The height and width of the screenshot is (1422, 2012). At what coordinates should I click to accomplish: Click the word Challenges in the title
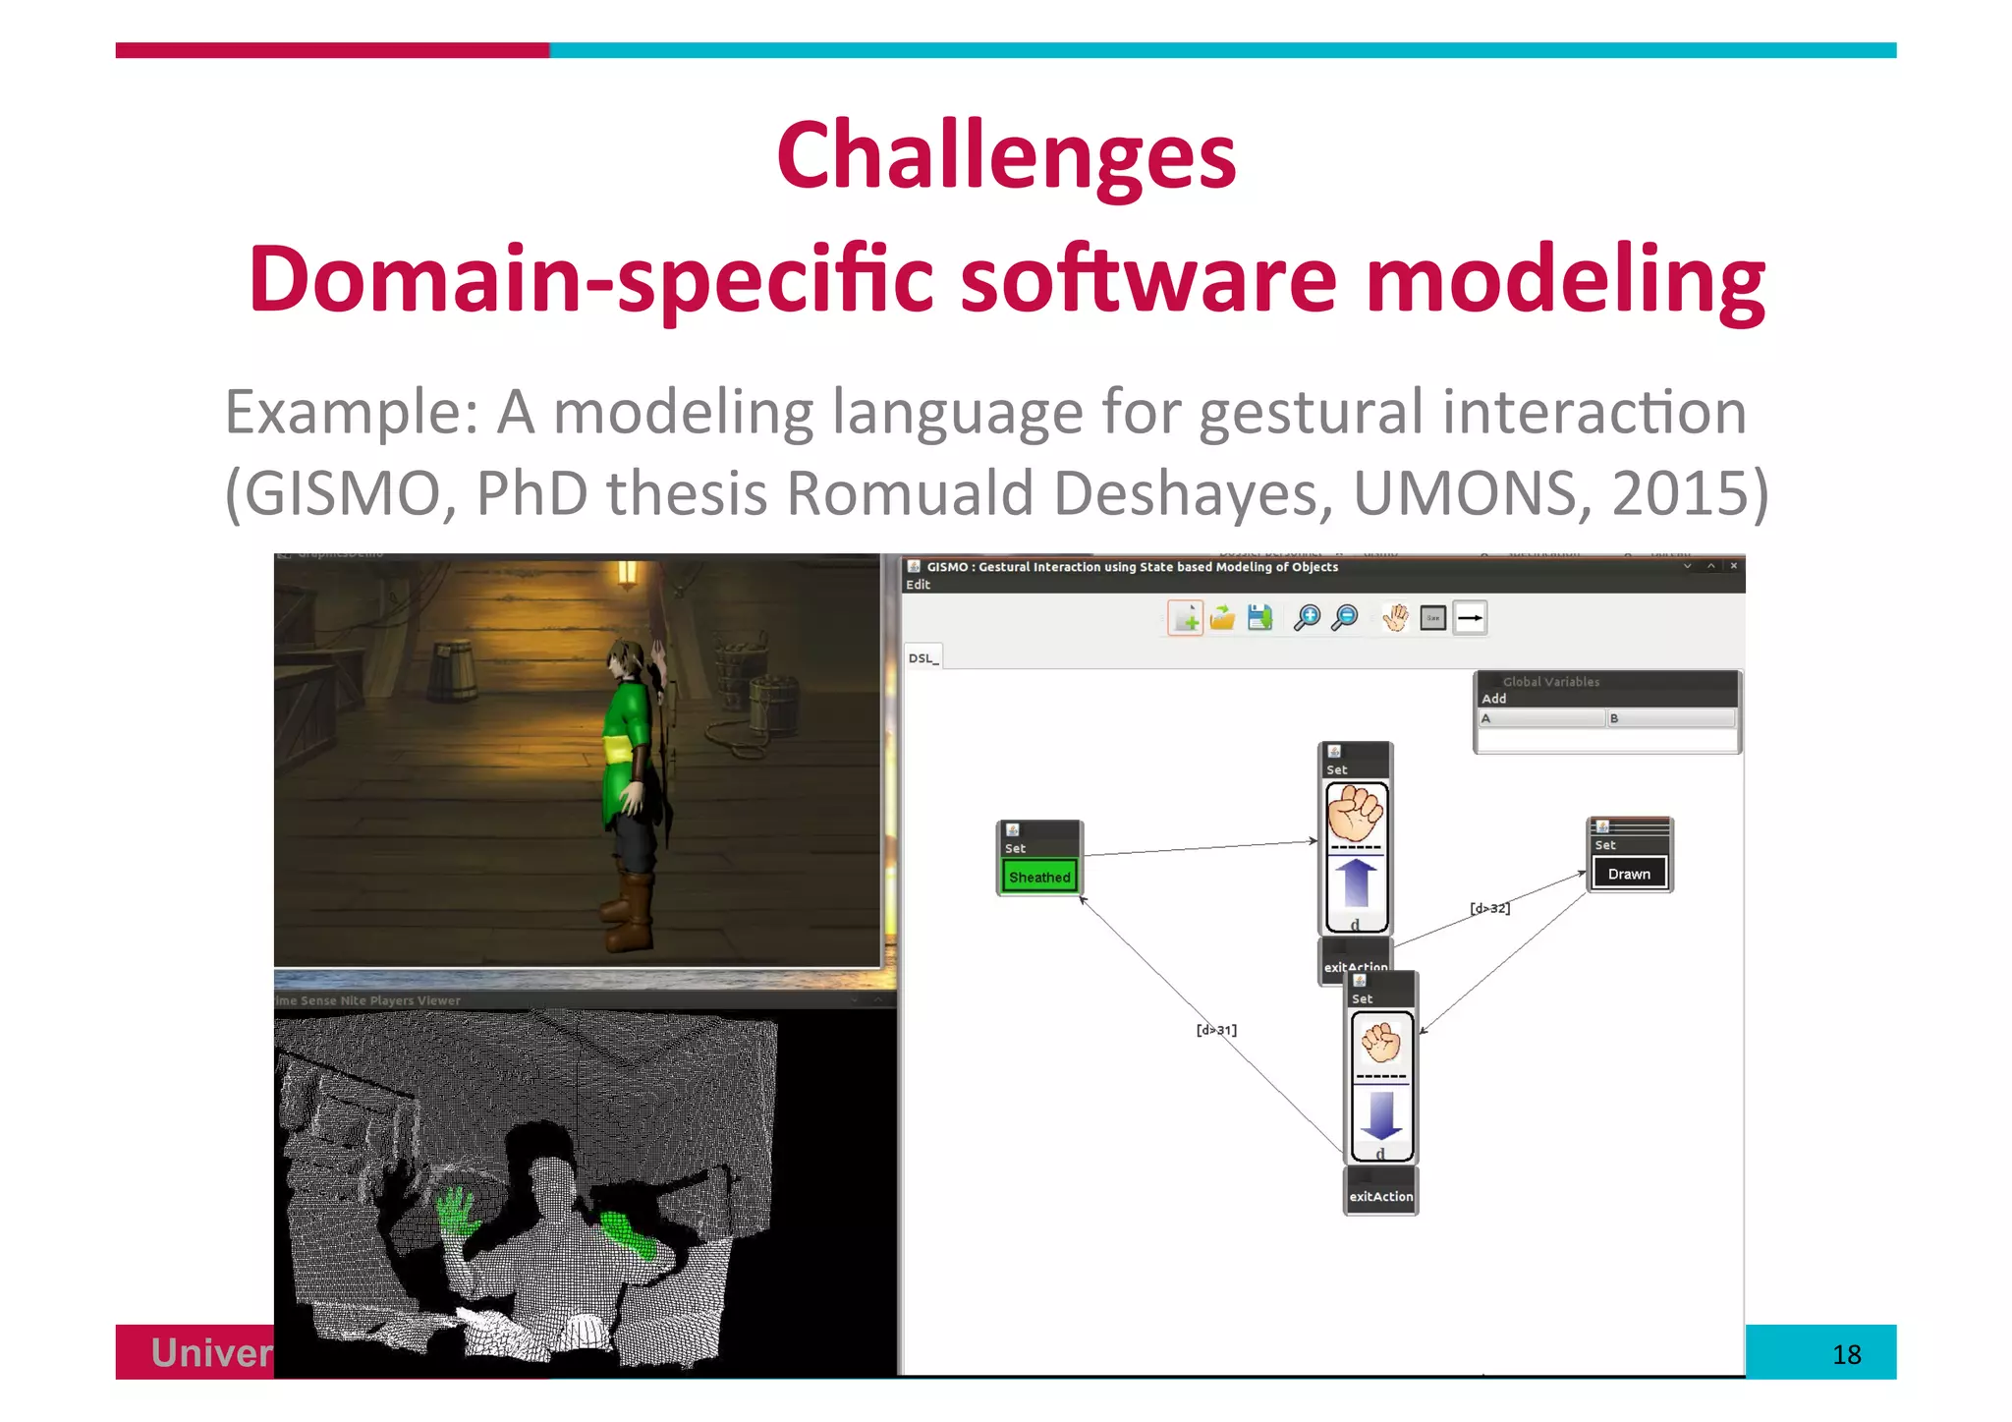pos(1005,157)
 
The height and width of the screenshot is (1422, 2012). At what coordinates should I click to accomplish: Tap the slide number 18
pos(1846,1354)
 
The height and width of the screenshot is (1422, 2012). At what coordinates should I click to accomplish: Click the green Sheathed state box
pos(1038,876)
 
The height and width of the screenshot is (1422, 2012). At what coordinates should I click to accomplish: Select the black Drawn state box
pos(1629,873)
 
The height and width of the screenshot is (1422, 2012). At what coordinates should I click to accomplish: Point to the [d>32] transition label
pos(1489,908)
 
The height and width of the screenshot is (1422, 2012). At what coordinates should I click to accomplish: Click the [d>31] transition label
pos(1216,1030)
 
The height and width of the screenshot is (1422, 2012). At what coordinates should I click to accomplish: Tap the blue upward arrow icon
pos(1356,882)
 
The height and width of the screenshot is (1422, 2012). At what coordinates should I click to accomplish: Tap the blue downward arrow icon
pos(1380,1114)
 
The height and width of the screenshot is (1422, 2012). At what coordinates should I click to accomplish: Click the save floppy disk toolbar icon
pos(1259,618)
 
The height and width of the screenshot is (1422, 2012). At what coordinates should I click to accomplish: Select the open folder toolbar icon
pos(1222,618)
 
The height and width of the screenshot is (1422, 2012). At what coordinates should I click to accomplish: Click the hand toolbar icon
pos(1395,618)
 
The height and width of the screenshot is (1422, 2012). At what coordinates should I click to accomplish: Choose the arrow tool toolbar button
pos(1470,618)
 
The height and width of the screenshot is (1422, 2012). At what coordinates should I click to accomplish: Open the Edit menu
pos(918,585)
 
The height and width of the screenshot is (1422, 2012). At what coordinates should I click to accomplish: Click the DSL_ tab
pos(922,657)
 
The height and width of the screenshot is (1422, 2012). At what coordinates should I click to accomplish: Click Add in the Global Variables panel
pos(1493,699)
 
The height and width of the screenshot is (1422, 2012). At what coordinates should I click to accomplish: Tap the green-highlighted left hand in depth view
pos(456,1211)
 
